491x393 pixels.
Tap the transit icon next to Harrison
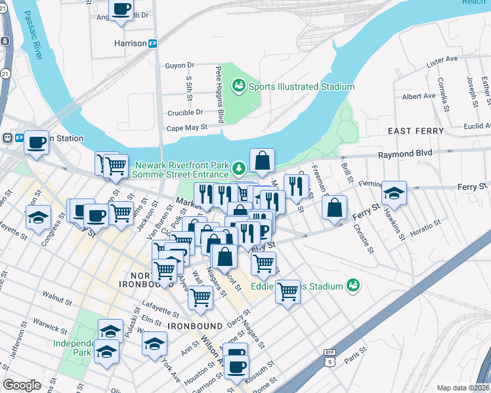pyautogui.click(x=153, y=43)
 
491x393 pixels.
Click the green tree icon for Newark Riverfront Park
pyautogui.click(x=240, y=169)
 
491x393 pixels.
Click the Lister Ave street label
pyautogui.click(x=442, y=60)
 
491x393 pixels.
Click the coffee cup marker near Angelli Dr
pyautogui.click(x=121, y=10)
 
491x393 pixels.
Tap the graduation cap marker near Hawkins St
pyautogui.click(x=395, y=192)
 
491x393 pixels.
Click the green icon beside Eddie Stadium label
pyautogui.click(x=354, y=286)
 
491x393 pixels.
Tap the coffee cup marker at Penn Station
pyautogui.click(x=37, y=141)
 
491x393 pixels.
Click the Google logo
pyautogui.click(x=22, y=385)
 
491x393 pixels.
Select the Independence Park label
pyautogui.click(x=72, y=347)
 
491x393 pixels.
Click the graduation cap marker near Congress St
pyautogui.click(x=39, y=216)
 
